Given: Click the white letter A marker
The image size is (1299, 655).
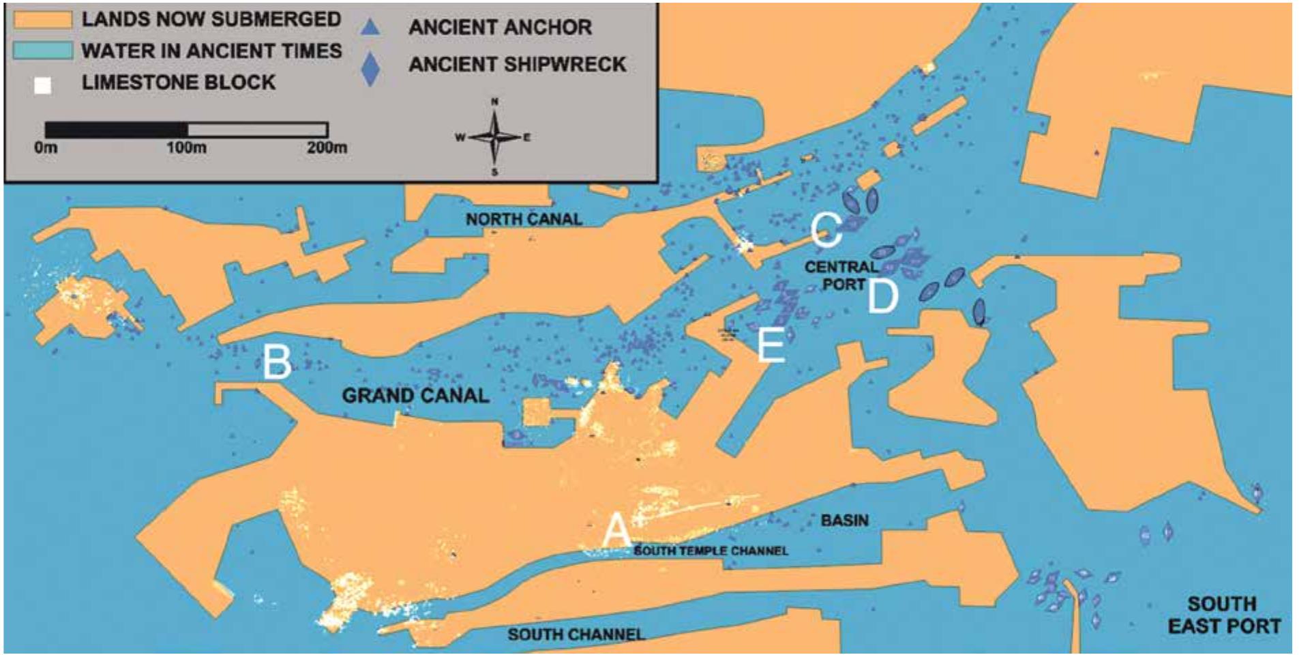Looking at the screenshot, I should (616, 530).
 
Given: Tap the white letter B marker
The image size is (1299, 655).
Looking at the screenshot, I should (277, 362).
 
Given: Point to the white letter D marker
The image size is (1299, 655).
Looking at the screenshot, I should (883, 296).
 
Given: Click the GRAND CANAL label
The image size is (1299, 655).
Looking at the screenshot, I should (415, 396).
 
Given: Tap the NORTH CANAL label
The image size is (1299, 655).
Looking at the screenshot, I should (524, 219).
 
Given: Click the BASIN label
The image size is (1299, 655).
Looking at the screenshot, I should (845, 520).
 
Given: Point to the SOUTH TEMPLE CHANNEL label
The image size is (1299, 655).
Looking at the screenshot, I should (711, 551).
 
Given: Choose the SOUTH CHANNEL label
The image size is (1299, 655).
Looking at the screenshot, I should (576, 635).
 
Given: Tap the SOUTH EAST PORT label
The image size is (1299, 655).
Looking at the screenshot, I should (1223, 615).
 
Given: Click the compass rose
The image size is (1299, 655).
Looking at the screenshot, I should (494, 136).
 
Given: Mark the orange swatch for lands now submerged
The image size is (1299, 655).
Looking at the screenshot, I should (42, 19).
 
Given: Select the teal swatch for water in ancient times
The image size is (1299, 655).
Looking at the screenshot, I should (42, 50).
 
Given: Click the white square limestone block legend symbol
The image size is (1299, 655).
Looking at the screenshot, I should (43, 85).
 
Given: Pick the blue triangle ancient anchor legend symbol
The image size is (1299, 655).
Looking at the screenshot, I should (370, 27).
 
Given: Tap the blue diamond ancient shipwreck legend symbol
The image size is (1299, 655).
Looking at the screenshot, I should (370, 69).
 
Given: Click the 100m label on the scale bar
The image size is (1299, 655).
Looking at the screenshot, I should (186, 147).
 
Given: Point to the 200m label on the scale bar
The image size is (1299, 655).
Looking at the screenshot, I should (326, 147).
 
